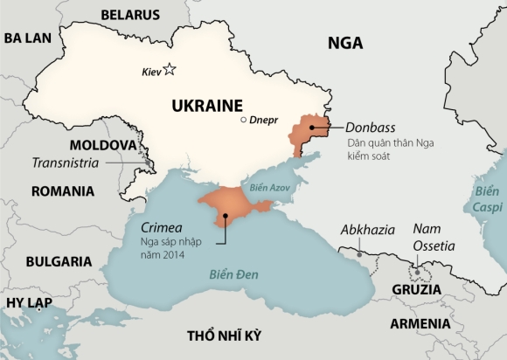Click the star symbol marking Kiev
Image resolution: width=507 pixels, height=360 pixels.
170,70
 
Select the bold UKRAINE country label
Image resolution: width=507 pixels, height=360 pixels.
207,105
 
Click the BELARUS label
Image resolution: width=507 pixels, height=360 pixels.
130,15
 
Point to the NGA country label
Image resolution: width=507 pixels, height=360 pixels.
345,44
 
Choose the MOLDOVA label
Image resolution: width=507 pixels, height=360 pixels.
102,144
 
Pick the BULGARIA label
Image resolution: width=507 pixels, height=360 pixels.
59,261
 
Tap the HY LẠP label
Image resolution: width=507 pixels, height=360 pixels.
29,303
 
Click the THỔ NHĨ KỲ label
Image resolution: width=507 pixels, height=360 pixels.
224,336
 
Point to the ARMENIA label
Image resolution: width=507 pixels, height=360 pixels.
420,323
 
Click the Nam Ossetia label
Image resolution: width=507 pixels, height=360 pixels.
434,237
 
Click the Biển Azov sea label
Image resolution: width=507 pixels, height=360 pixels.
270,188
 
